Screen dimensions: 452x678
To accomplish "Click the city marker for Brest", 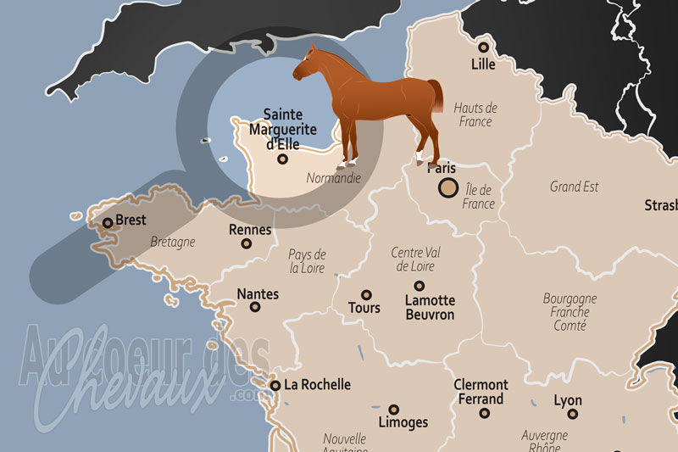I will pyautogui.click(x=108, y=223).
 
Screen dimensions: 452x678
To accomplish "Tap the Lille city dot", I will pyautogui.click(x=484, y=47).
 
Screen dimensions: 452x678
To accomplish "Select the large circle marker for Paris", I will pyautogui.click(x=447, y=189).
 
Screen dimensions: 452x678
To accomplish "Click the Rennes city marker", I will pyautogui.click(x=247, y=243).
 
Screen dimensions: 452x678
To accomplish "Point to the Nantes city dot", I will pyautogui.click(x=253, y=308).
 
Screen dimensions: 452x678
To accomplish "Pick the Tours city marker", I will pyautogui.click(x=366, y=295).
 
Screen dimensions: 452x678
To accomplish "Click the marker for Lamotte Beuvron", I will pyautogui.click(x=419, y=286).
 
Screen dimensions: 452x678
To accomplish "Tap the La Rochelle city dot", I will pyautogui.click(x=275, y=385).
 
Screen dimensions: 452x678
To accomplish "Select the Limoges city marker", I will pyautogui.click(x=394, y=409).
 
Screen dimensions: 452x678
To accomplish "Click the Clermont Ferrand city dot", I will pyautogui.click(x=484, y=413).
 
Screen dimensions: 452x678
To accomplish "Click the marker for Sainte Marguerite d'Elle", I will pyautogui.click(x=283, y=159).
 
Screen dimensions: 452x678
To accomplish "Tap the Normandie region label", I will pyautogui.click(x=333, y=179).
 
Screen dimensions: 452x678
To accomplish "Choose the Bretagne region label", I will pyautogui.click(x=172, y=242).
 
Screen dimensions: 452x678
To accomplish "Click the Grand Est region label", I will pyautogui.click(x=574, y=186).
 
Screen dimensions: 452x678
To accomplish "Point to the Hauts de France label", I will pyautogui.click(x=476, y=114).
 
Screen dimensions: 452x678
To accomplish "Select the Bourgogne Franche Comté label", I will pyautogui.click(x=570, y=312).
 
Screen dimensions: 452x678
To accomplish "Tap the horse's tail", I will pyautogui.click(x=436, y=95).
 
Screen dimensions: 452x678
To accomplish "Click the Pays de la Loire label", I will pyautogui.click(x=308, y=261).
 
